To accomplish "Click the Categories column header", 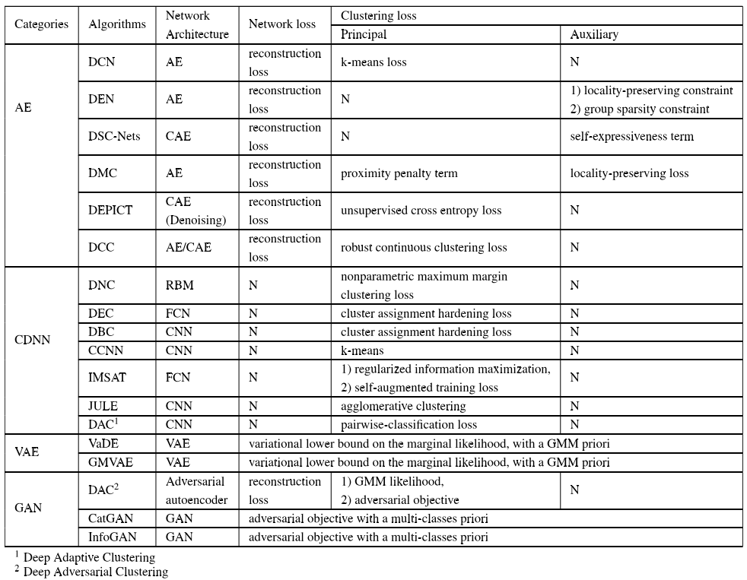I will [x=41, y=24].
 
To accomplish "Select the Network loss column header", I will [x=281, y=24].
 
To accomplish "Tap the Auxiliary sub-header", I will [x=594, y=34].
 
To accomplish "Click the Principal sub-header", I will [x=364, y=34].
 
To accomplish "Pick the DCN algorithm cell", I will [x=102, y=62].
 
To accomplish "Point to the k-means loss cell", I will [x=373, y=62].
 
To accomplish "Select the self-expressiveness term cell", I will [x=631, y=136].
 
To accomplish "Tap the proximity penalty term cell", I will [x=399, y=173].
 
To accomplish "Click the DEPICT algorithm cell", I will [x=110, y=211].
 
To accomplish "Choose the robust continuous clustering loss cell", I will [x=424, y=247].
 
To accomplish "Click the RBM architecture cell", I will [x=180, y=285].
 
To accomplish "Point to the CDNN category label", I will [x=33, y=340].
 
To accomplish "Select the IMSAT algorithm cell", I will [x=106, y=378].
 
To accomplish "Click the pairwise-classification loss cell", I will [x=408, y=424].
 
